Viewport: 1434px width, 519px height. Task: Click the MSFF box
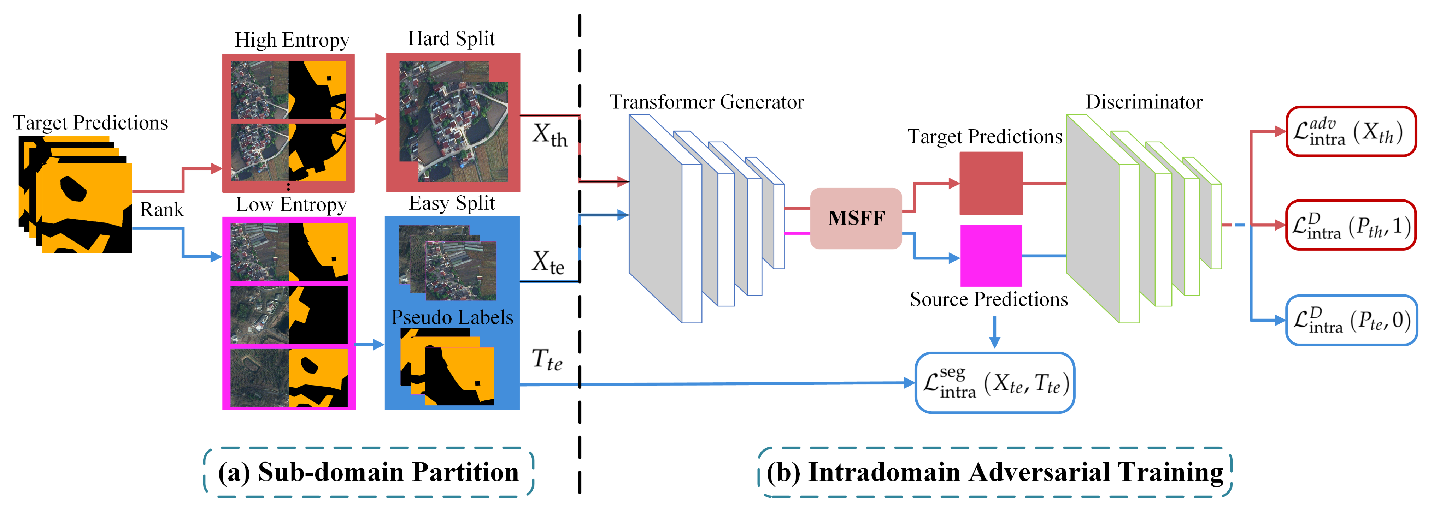pyautogui.click(x=856, y=218)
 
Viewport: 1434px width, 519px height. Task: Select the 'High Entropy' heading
pyautogui.click(x=292, y=40)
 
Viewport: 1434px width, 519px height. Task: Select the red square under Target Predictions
pyautogui.click(x=991, y=183)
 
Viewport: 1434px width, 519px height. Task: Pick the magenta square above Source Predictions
pyautogui.click(x=991, y=255)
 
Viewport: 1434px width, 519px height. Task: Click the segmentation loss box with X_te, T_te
pyautogui.click(x=995, y=383)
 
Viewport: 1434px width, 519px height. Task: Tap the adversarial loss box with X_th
pyautogui.click(x=1351, y=131)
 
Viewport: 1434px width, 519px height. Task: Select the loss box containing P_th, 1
pyautogui.click(x=1351, y=225)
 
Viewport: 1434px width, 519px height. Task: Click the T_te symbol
pyautogui.click(x=547, y=359)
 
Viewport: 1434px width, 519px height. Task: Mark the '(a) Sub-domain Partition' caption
pyautogui.click(x=369, y=472)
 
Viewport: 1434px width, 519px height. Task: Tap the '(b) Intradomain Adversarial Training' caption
pyautogui.click(x=995, y=472)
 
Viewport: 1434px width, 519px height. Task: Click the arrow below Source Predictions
pyautogui.click(x=994, y=332)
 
